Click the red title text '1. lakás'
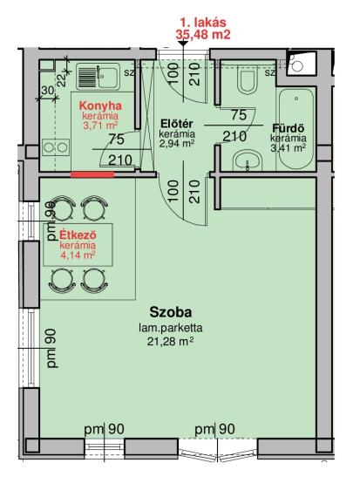click(x=203, y=23)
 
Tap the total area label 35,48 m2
click(x=203, y=35)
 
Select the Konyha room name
click(x=100, y=106)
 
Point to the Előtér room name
click(x=177, y=123)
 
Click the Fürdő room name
click(x=289, y=128)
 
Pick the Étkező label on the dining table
click(x=78, y=235)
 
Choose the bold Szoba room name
click(x=171, y=312)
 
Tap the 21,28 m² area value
click(x=171, y=342)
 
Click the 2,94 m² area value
click(x=177, y=143)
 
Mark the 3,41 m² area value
click(x=288, y=147)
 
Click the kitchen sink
click(x=98, y=77)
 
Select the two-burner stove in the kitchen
click(x=56, y=147)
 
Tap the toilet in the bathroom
click(x=248, y=81)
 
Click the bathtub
click(x=296, y=129)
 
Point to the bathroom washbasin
click(x=248, y=161)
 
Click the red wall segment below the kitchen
click(x=92, y=174)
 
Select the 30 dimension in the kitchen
click(x=48, y=91)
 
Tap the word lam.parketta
click(x=171, y=328)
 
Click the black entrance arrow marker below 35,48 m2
click(x=183, y=44)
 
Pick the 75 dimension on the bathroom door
click(x=239, y=115)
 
